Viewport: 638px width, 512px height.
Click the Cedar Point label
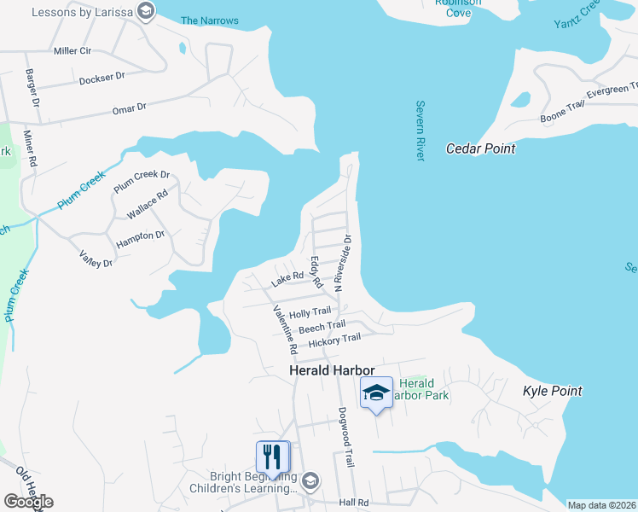pos(481,148)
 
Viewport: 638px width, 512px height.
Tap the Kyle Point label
pos(552,391)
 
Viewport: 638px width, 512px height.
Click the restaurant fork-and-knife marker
pos(273,457)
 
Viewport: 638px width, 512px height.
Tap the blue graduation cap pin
pos(376,393)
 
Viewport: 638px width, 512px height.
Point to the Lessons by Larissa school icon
pos(146,11)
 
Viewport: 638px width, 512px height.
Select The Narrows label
pos(210,20)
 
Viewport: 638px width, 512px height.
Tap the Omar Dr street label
pos(130,108)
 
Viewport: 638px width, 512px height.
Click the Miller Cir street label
pos(72,51)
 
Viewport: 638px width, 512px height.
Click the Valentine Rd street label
pos(284,329)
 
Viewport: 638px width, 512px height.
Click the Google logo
pos(28,502)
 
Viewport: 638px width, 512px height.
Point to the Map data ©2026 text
pos(600,505)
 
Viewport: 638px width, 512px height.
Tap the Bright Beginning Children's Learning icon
pos(310,480)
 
